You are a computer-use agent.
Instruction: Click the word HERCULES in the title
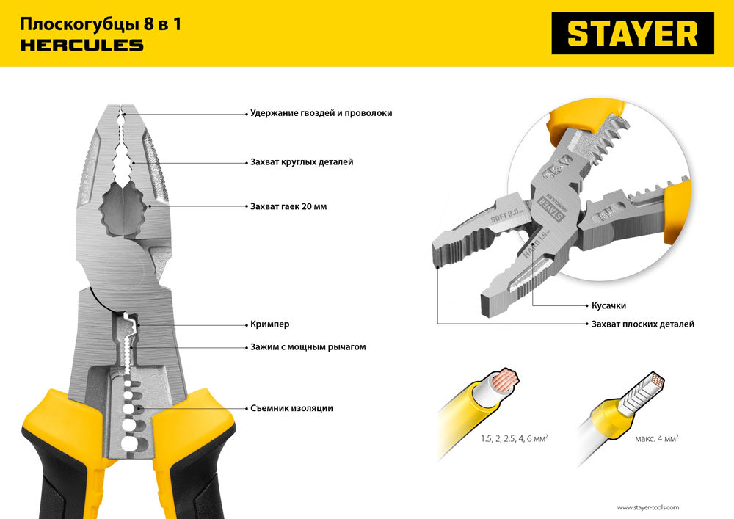pyautogui.click(x=81, y=46)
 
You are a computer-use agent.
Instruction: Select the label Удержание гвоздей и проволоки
pyautogui.click(x=321, y=113)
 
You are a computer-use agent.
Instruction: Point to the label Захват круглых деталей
pyautogui.click(x=301, y=161)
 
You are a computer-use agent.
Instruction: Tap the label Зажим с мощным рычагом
pyautogui.click(x=307, y=346)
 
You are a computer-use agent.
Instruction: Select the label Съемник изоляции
pyautogui.click(x=291, y=408)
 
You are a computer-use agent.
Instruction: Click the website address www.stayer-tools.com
pyautogui.click(x=647, y=507)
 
